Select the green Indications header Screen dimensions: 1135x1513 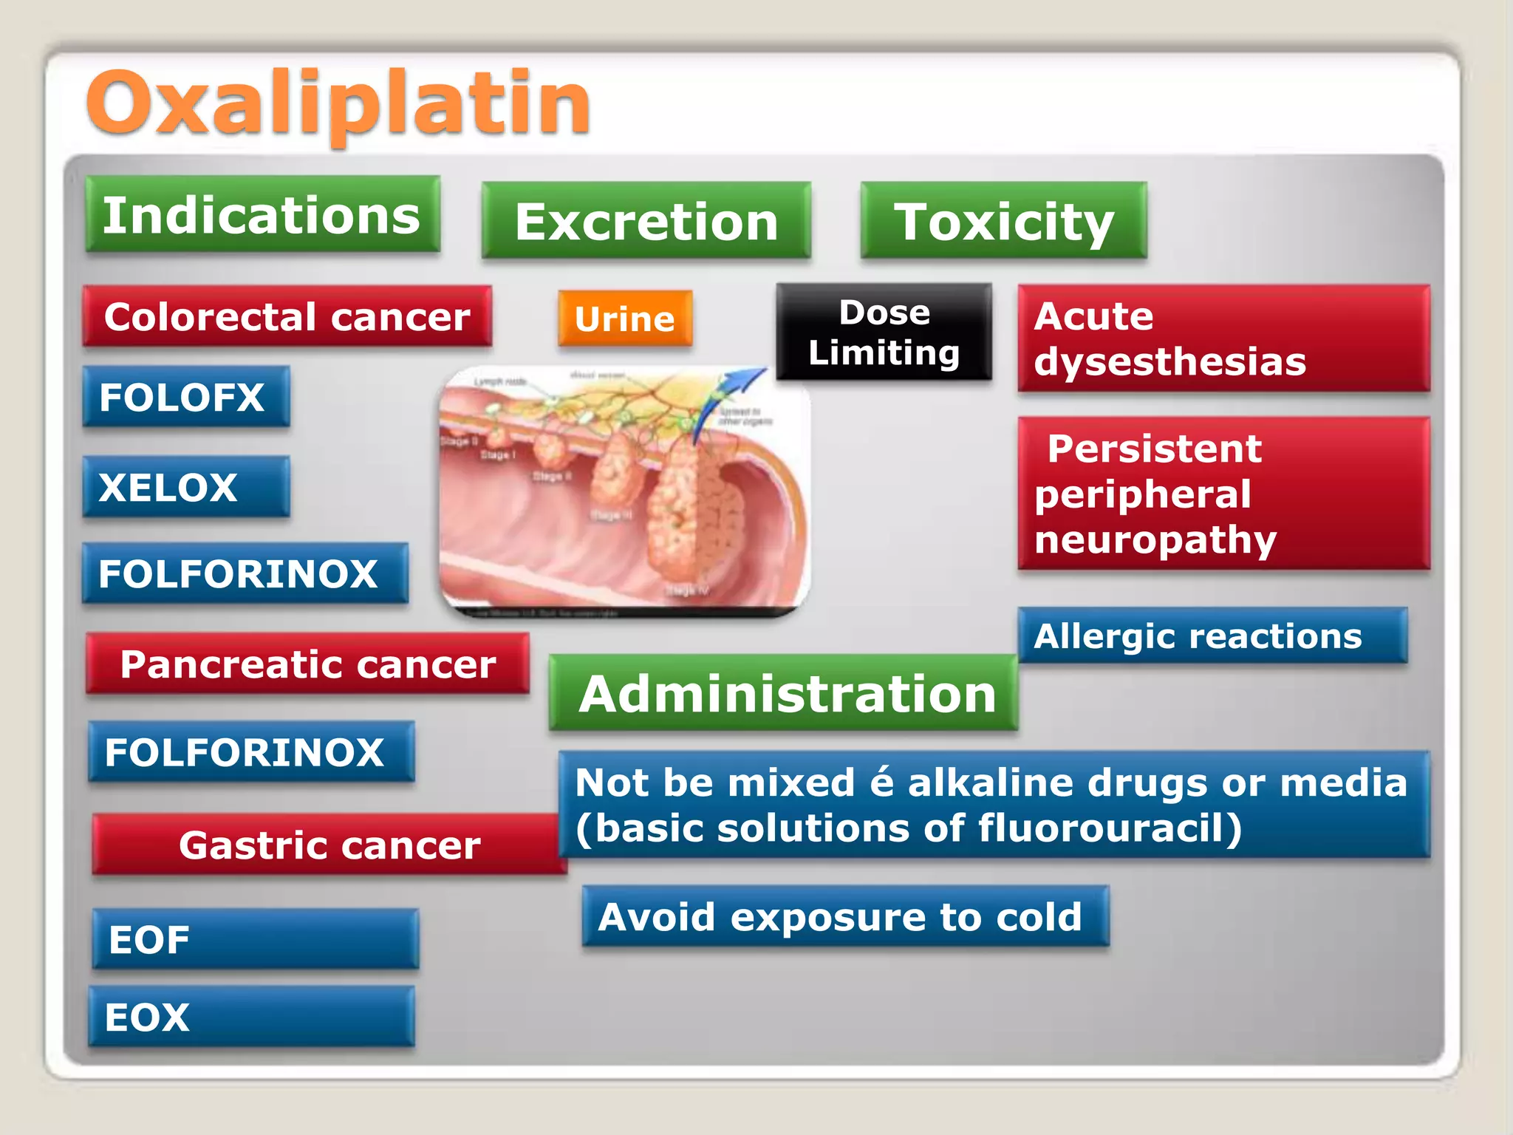262,215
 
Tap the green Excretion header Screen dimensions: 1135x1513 646,221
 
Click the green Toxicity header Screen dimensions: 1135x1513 1003,221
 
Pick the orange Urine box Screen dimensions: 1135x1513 625,319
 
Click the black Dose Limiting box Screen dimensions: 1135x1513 884,333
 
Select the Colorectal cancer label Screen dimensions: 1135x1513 287,317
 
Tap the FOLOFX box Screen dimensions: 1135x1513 185,397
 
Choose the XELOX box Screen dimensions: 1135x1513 185,487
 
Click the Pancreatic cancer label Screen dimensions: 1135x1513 308,664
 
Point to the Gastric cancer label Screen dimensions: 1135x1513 329,845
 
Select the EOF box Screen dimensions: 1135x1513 255,939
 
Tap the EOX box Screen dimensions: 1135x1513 251,1017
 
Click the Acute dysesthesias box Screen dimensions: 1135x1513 1223,338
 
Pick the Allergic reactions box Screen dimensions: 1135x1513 1212,636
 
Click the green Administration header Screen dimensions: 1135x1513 784,693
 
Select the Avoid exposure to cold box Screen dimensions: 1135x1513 845,917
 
